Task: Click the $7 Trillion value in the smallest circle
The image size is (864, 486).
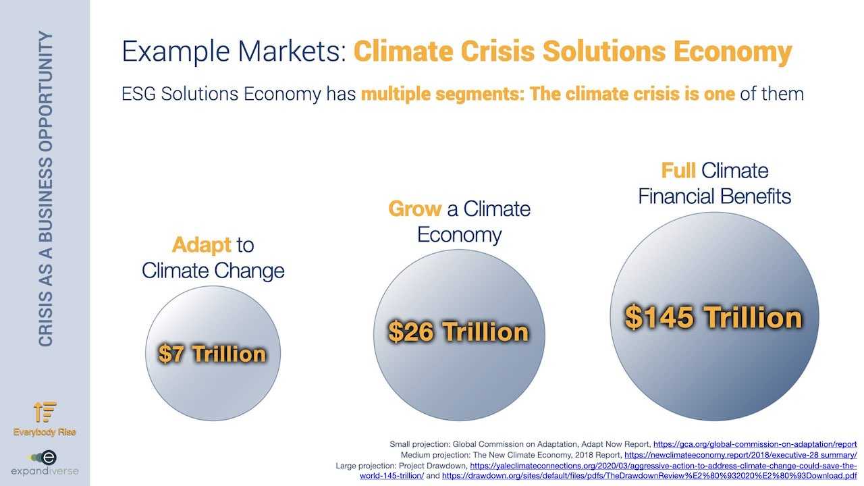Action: coord(212,354)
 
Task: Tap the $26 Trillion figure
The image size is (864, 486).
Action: coord(458,331)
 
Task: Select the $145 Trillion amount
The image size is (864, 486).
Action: coord(713,317)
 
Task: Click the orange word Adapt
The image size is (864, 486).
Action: coord(201,245)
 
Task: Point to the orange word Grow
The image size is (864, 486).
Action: coord(414,209)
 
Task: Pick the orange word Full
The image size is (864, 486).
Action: coord(678,171)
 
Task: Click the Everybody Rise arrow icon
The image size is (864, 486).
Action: coord(45,412)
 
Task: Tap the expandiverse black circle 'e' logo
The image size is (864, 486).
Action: coord(49,458)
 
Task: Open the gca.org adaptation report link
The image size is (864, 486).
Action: coord(755,444)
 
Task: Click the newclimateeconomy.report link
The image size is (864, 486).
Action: coord(740,455)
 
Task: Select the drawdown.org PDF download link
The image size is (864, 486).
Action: coord(649,476)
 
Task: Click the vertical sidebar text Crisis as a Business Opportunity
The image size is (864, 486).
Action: coord(45,189)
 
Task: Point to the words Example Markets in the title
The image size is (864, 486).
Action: coord(234,51)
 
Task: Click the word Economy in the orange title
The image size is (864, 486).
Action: coord(733,52)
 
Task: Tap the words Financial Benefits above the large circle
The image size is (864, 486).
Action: coord(714,196)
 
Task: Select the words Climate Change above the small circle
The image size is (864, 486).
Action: coord(213,271)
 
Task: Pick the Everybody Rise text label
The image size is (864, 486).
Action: coord(45,432)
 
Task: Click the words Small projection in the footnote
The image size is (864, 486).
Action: coord(419,444)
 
